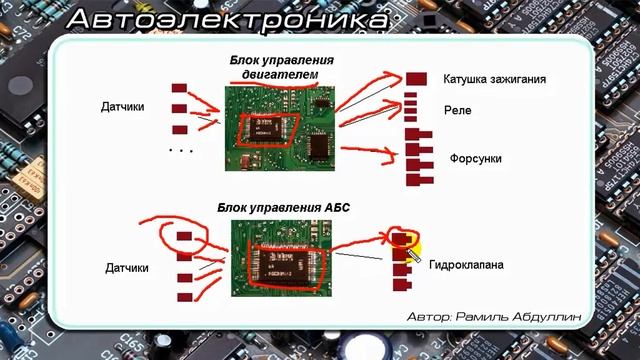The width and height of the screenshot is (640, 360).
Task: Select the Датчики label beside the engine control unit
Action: [125, 105]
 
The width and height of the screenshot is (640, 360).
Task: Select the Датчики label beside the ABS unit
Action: [127, 268]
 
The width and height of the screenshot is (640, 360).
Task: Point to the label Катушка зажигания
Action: [494, 79]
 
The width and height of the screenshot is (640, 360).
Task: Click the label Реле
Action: [457, 111]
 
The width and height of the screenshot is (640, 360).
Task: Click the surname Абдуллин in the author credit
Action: [549, 315]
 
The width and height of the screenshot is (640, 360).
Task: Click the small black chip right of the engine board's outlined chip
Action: [320, 147]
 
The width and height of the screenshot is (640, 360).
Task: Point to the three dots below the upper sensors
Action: [181, 150]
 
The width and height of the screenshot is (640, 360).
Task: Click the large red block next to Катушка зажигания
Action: [417, 79]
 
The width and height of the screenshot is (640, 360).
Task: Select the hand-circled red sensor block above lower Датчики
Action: [183, 236]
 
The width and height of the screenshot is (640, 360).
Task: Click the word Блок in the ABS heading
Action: [232, 207]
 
